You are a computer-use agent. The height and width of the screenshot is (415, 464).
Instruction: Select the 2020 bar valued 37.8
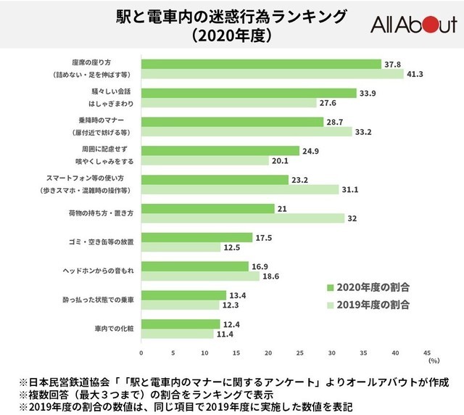coord(261,64)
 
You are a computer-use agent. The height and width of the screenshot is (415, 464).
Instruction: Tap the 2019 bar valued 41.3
coord(272,74)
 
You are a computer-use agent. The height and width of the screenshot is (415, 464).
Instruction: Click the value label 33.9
coord(368,93)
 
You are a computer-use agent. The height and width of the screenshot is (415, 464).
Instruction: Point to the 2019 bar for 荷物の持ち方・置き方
coord(243,218)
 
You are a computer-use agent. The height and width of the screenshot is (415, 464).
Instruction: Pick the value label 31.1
coord(350,189)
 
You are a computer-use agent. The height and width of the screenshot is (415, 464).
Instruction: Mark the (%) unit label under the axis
coord(434,360)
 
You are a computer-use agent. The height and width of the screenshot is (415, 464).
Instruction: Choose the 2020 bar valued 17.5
coord(196,237)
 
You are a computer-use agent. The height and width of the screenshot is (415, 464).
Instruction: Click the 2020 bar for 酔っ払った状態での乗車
coord(183,295)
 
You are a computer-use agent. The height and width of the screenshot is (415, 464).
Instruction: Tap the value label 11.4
coord(225,334)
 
